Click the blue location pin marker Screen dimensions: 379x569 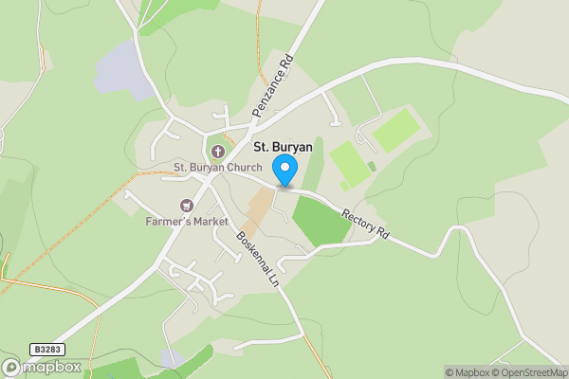[x=285, y=171]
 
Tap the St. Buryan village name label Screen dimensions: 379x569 [x=283, y=147]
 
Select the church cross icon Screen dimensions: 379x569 [x=217, y=152]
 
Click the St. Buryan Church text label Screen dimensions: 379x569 [x=217, y=168]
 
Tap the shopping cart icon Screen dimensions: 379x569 [x=187, y=206]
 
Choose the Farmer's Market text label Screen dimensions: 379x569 [x=187, y=221]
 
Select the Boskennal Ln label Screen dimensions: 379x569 [x=258, y=260]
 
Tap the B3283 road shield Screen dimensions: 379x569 [x=45, y=350]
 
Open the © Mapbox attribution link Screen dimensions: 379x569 [x=468, y=372]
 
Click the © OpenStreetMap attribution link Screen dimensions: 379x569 [x=529, y=372]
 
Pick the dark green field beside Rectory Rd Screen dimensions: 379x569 [x=320, y=221]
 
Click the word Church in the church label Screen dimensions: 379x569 [x=244, y=168]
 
